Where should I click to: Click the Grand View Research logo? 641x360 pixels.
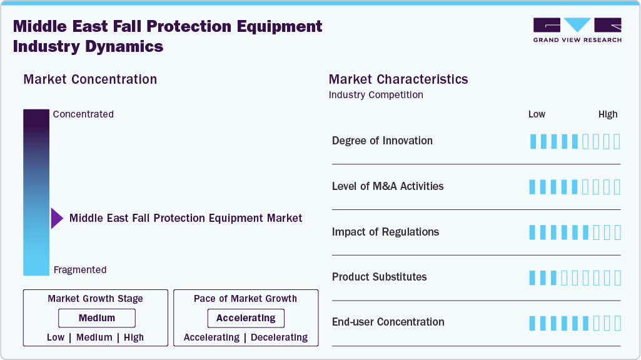pyautogui.click(x=577, y=30)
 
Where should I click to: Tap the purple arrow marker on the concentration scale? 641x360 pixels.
pyautogui.click(x=57, y=218)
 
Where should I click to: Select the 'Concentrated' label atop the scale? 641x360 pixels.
pyautogui.click(x=83, y=114)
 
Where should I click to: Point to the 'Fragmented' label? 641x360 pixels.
pyautogui.click(x=80, y=270)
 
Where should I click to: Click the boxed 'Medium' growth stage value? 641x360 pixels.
pyautogui.click(x=97, y=318)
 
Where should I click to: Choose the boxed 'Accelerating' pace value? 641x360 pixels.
pyautogui.click(x=246, y=318)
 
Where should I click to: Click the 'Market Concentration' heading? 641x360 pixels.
pyautogui.click(x=90, y=79)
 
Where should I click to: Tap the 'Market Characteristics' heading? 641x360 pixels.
pyautogui.click(x=398, y=79)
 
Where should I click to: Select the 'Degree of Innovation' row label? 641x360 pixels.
pyautogui.click(x=382, y=141)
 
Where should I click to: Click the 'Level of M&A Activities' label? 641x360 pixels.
pyautogui.click(x=388, y=186)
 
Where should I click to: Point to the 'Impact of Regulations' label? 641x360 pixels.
pyautogui.click(x=385, y=232)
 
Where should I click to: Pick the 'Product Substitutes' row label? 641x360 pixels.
pyautogui.click(x=379, y=277)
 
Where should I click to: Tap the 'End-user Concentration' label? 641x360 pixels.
pyautogui.click(x=388, y=322)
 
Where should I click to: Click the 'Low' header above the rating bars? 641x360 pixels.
pyautogui.click(x=537, y=114)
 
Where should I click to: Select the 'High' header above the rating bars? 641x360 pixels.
pyautogui.click(x=608, y=114)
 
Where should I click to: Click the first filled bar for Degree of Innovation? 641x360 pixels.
pyautogui.click(x=533, y=141)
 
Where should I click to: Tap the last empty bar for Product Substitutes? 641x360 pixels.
pyautogui.click(x=617, y=277)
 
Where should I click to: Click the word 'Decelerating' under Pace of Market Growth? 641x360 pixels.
pyautogui.click(x=279, y=337)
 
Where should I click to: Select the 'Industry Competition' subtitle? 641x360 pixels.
pyautogui.click(x=376, y=95)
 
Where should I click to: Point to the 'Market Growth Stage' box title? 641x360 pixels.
pyautogui.click(x=95, y=299)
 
